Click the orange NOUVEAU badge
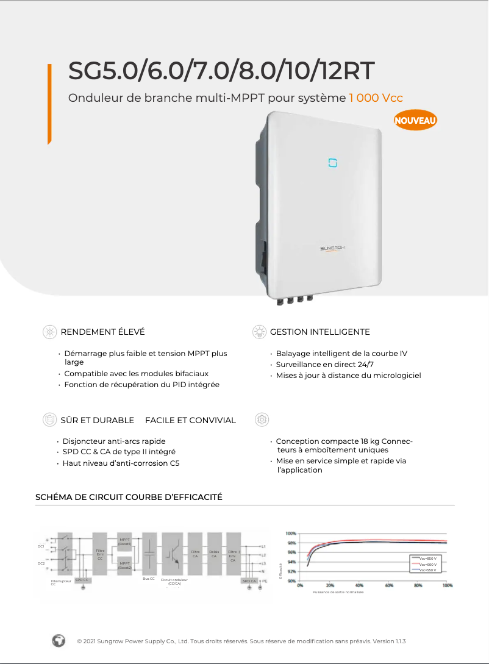coord(415,120)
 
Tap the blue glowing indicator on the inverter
coord(333,163)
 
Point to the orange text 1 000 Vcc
coord(376,98)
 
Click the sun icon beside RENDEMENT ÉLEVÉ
coord(49,332)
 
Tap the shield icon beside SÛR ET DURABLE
coord(49,420)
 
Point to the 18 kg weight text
coord(370,441)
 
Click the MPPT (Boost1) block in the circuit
coord(124,541)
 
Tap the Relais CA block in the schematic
coord(213,554)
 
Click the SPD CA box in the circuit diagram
coord(249,580)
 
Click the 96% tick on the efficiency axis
coord(291,552)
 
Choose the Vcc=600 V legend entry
coord(427,565)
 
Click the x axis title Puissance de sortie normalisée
coord(338,592)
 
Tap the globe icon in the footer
coord(59,641)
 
